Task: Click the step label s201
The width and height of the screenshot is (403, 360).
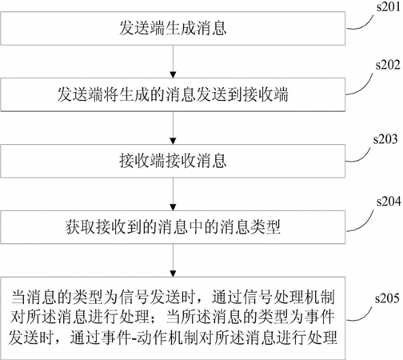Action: [389, 6]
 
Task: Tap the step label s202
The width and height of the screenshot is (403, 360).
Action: [388, 65]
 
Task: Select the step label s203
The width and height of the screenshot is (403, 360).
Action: [385, 139]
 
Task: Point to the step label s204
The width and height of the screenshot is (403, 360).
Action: [389, 202]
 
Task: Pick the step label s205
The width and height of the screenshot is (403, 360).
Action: [387, 298]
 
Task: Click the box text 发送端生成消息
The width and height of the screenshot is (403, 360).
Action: [173, 28]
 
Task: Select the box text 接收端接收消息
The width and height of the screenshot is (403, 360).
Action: [173, 161]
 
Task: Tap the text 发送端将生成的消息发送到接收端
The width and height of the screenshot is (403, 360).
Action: [173, 94]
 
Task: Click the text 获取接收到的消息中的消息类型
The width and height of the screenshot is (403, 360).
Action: [173, 227]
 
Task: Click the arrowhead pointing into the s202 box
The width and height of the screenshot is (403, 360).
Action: [173, 75]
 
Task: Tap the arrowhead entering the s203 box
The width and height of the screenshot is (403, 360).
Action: [173, 141]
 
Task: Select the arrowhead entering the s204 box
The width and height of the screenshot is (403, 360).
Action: [173, 207]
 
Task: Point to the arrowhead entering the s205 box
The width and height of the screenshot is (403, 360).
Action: [173, 274]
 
